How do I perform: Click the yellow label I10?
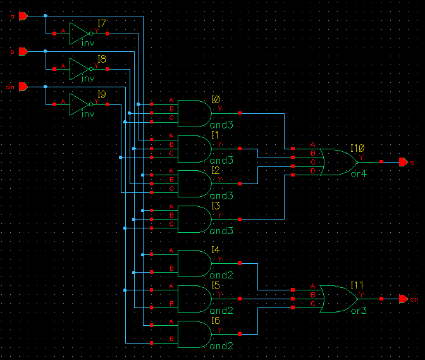point(358,147)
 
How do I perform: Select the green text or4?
point(359,174)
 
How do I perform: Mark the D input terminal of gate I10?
point(293,173)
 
